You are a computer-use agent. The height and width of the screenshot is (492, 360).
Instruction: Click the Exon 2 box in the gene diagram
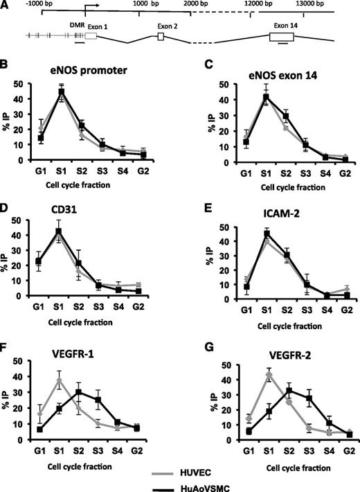point(161,37)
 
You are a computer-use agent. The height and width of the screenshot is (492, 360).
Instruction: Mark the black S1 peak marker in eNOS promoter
point(62,91)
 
